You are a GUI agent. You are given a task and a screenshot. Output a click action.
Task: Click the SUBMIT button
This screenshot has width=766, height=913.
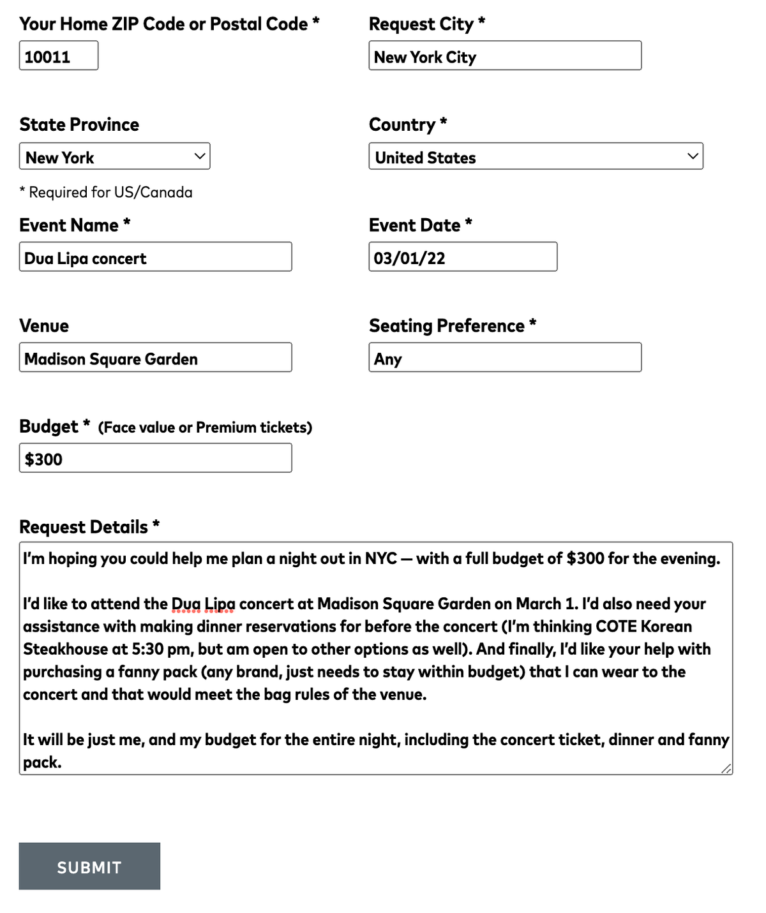point(89,866)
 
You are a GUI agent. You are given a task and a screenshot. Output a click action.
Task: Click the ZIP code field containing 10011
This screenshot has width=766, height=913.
point(59,56)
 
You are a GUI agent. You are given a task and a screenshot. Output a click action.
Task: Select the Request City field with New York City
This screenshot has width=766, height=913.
point(504,56)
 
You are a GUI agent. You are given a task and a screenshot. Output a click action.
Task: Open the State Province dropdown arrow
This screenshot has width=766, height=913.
point(200,156)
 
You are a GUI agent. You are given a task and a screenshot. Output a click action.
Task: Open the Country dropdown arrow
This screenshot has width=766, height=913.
point(693,156)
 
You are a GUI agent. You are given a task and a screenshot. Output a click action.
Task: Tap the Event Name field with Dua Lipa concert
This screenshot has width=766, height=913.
point(155,257)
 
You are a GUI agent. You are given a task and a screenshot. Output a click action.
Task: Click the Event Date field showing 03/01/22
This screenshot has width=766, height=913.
point(462,257)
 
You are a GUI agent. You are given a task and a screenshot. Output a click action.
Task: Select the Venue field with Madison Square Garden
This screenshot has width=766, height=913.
point(155,358)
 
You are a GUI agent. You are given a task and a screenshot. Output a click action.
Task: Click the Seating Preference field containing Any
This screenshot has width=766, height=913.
point(504,358)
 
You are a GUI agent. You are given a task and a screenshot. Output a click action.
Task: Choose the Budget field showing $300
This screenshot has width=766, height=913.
point(155,458)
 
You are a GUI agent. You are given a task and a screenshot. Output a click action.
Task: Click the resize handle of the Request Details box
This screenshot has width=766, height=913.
point(726,769)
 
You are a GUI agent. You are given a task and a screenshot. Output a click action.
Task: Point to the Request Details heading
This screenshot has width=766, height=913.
point(84,527)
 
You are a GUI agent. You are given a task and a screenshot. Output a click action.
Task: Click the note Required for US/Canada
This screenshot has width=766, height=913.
point(106,192)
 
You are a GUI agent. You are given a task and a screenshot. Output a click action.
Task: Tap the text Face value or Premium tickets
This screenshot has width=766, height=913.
point(205,427)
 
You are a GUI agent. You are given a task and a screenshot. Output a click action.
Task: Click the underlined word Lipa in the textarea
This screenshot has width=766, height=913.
point(220,604)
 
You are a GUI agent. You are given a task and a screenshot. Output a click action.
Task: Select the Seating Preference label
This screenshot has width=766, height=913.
point(447,326)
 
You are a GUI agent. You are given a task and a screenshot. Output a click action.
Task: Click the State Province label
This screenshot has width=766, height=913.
point(79,124)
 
